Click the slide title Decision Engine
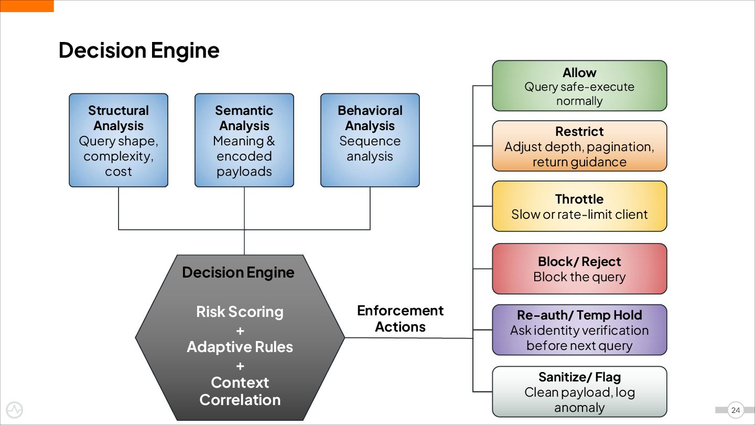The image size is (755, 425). (x=139, y=50)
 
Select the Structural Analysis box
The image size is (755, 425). (x=118, y=140)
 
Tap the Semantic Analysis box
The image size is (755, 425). (x=244, y=140)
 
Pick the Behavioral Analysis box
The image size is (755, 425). (x=370, y=140)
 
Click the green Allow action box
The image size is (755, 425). (x=579, y=86)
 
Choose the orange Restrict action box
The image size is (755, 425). (x=579, y=146)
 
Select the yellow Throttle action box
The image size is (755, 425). (x=579, y=206)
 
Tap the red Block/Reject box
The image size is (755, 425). (x=579, y=269)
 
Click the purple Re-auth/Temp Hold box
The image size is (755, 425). (x=579, y=330)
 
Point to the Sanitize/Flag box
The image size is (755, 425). (x=579, y=391)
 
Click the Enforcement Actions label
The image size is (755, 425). (x=400, y=318)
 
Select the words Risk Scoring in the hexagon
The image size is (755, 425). (x=240, y=312)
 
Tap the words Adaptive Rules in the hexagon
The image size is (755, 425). (x=240, y=347)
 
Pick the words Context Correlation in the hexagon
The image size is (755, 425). (x=240, y=391)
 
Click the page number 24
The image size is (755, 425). (x=736, y=410)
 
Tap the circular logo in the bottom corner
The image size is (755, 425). (x=14, y=410)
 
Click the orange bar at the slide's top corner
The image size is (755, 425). (x=27, y=6)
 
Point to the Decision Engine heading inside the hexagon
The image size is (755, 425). (x=238, y=272)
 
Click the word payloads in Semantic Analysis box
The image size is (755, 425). (x=244, y=172)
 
